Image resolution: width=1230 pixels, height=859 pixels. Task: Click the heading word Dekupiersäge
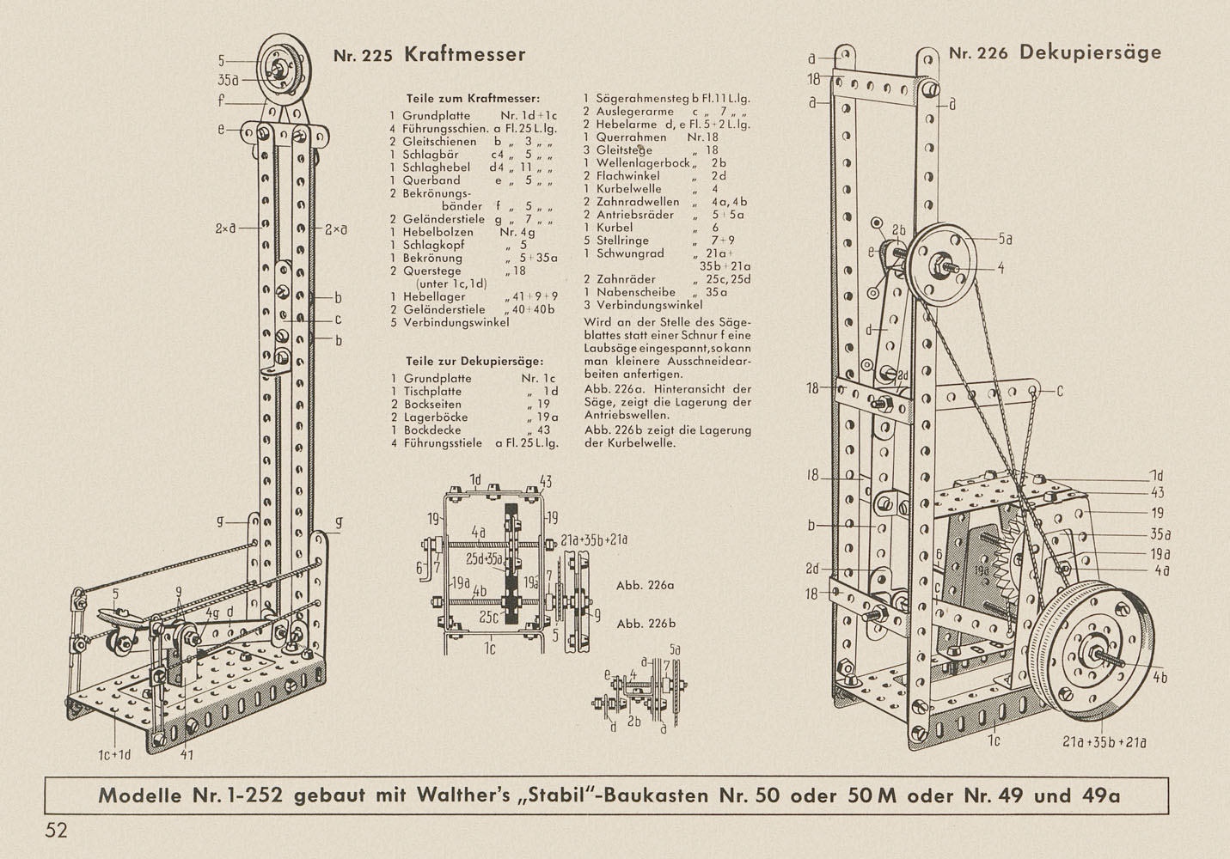coord(1090,52)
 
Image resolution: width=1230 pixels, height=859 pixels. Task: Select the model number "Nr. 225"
coord(362,57)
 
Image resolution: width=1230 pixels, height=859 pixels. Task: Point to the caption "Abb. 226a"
coord(646,586)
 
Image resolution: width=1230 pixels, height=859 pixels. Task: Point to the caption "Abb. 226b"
coord(646,624)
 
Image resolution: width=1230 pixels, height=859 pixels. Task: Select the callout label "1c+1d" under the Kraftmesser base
coord(113,755)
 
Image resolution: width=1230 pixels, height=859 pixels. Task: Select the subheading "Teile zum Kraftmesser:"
coord(473,98)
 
